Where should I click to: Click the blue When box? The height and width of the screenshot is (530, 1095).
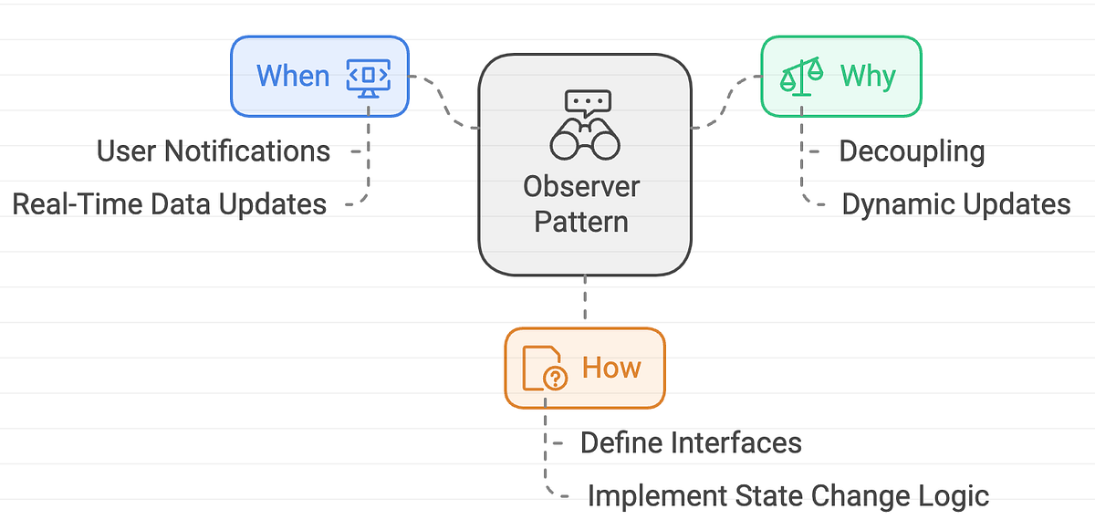[319, 76]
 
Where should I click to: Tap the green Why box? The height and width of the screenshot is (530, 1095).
[840, 76]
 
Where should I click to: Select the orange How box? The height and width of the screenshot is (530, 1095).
[585, 368]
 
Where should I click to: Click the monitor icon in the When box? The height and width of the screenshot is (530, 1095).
[368, 76]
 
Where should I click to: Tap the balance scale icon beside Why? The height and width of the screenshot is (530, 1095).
[800, 76]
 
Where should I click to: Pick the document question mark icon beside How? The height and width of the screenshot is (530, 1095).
[544, 368]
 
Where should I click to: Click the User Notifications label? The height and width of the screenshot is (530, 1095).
[214, 151]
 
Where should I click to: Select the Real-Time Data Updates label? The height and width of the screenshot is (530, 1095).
[170, 203]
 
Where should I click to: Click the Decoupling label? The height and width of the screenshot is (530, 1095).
[912, 151]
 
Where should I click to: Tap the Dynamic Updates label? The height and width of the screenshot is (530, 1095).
[955, 203]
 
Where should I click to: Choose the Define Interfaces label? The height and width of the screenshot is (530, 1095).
[691, 443]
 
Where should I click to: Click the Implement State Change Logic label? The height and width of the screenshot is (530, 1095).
[787, 496]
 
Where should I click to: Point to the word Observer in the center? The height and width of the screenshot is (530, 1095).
[581, 186]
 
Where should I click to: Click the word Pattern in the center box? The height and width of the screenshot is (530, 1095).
[581, 221]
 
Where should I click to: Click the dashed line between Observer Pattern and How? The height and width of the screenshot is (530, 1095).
[585, 301]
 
